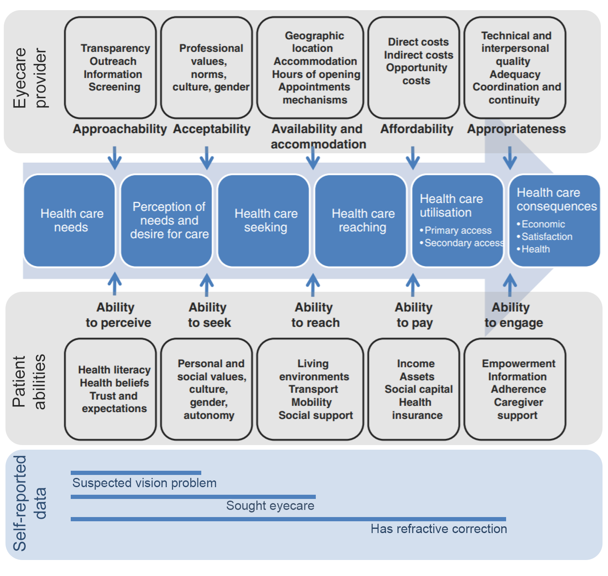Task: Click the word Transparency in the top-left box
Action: point(115,48)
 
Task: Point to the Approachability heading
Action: point(120,129)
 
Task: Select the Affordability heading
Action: point(416,129)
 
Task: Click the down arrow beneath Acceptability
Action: point(207,158)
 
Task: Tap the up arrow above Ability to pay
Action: point(413,285)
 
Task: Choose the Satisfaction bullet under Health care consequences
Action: point(547,237)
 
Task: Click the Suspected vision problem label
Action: point(144,483)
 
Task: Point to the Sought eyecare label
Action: point(270,506)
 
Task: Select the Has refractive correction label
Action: point(439,529)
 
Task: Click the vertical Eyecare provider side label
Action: point(29,78)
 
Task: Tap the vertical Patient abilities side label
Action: point(29,381)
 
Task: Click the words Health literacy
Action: point(114,370)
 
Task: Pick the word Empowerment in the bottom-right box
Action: point(518,364)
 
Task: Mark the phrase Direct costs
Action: point(418,42)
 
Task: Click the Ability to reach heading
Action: point(315,315)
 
